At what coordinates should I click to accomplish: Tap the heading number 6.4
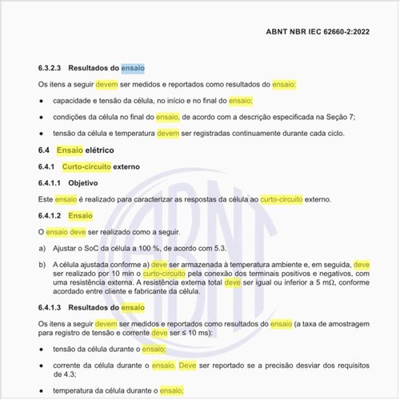coord(44,150)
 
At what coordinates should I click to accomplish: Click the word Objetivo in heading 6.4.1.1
coord(84,182)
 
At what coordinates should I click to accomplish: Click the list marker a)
coord(42,247)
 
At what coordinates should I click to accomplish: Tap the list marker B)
coord(42,263)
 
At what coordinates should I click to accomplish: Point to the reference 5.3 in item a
coord(230,247)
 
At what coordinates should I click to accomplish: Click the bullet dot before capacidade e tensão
coord(42,101)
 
